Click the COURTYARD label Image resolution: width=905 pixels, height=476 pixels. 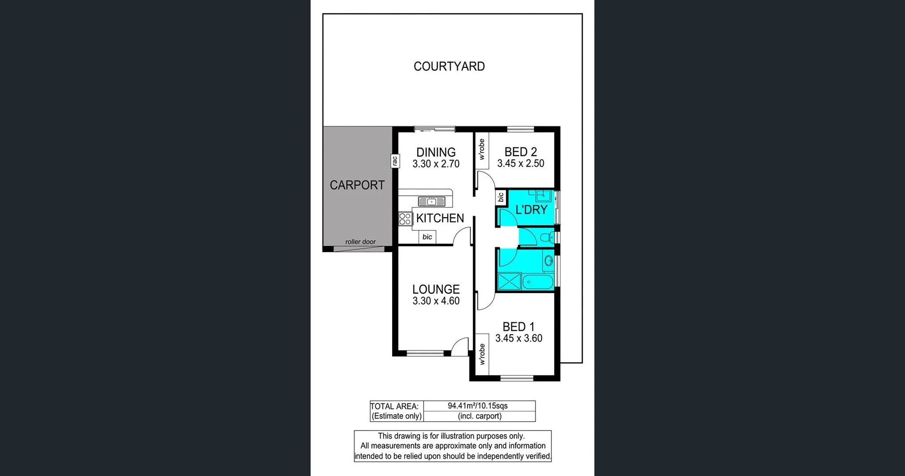click(449, 66)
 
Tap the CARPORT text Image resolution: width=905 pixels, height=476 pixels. click(357, 185)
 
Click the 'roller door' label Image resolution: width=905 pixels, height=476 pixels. click(360, 242)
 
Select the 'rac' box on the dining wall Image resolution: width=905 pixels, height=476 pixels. click(395, 161)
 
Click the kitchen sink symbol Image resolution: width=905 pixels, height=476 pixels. click(431, 202)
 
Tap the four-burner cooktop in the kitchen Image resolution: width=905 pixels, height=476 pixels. click(405, 219)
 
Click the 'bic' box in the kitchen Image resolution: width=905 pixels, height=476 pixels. click(427, 237)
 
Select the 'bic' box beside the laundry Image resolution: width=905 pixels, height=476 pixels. click(501, 197)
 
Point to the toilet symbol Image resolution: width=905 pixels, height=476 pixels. click(548, 237)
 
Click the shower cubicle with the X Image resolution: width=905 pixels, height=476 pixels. click(509, 282)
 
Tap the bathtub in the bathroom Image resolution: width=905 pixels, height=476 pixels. click(537, 282)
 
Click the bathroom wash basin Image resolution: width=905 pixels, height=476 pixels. click(548, 260)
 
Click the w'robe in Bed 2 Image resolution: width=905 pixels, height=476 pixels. click(481, 149)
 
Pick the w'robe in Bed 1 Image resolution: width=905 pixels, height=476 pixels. click(482, 354)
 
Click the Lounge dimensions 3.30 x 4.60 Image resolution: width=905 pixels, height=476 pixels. click(436, 301)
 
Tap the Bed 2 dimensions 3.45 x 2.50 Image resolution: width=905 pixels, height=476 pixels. click(520, 164)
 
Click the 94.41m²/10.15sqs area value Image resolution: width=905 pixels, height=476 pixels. click(477, 406)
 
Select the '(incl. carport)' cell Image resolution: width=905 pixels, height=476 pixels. click(479, 416)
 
